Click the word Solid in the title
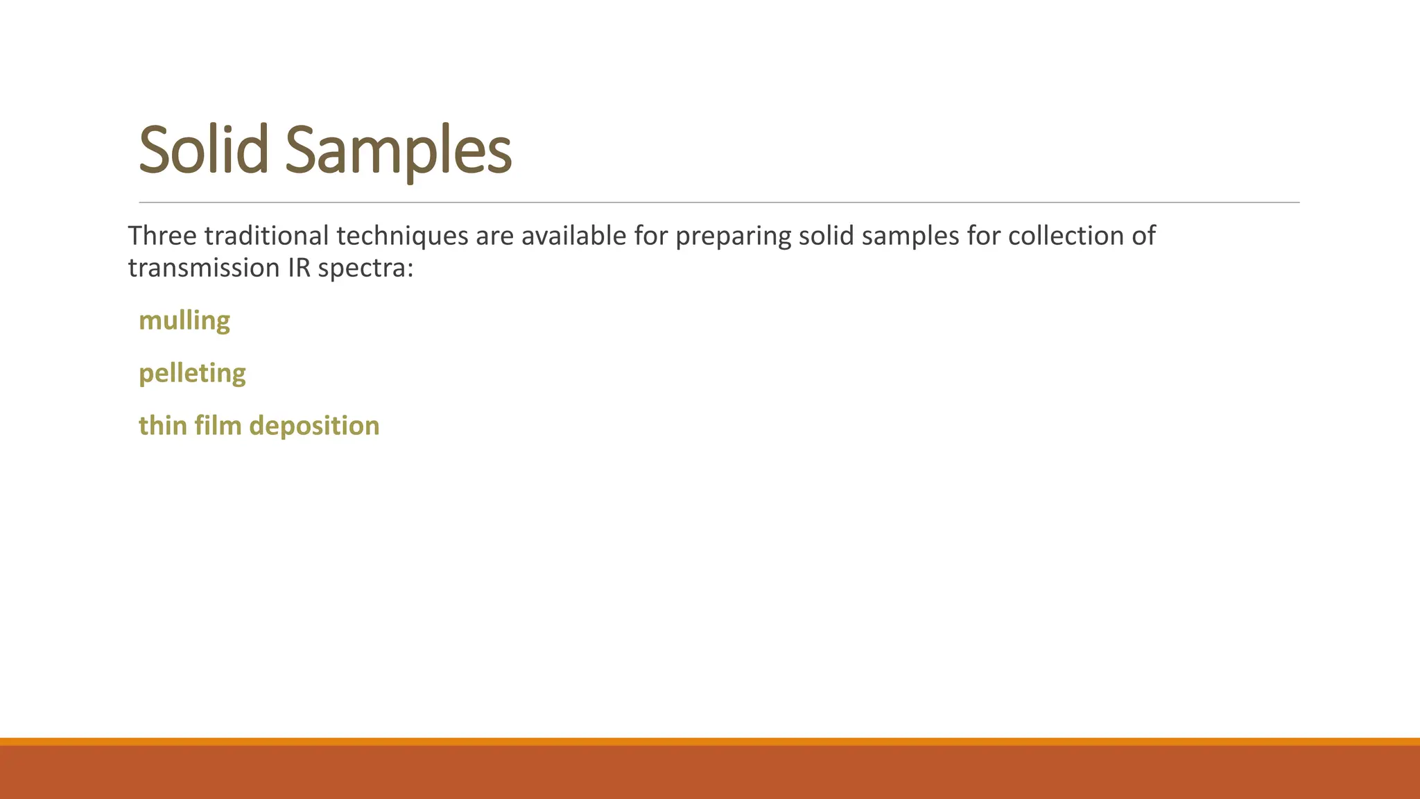click(x=203, y=149)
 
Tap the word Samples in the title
click(x=398, y=151)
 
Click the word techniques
click(x=402, y=237)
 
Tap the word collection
click(x=1071, y=236)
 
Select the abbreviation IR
click(x=299, y=268)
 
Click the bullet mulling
click(x=184, y=321)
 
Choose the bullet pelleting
click(x=192, y=374)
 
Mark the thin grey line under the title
click(x=719, y=203)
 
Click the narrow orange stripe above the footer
click(x=710, y=741)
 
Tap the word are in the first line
click(x=494, y=237)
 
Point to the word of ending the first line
click(x=1143, y=236)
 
